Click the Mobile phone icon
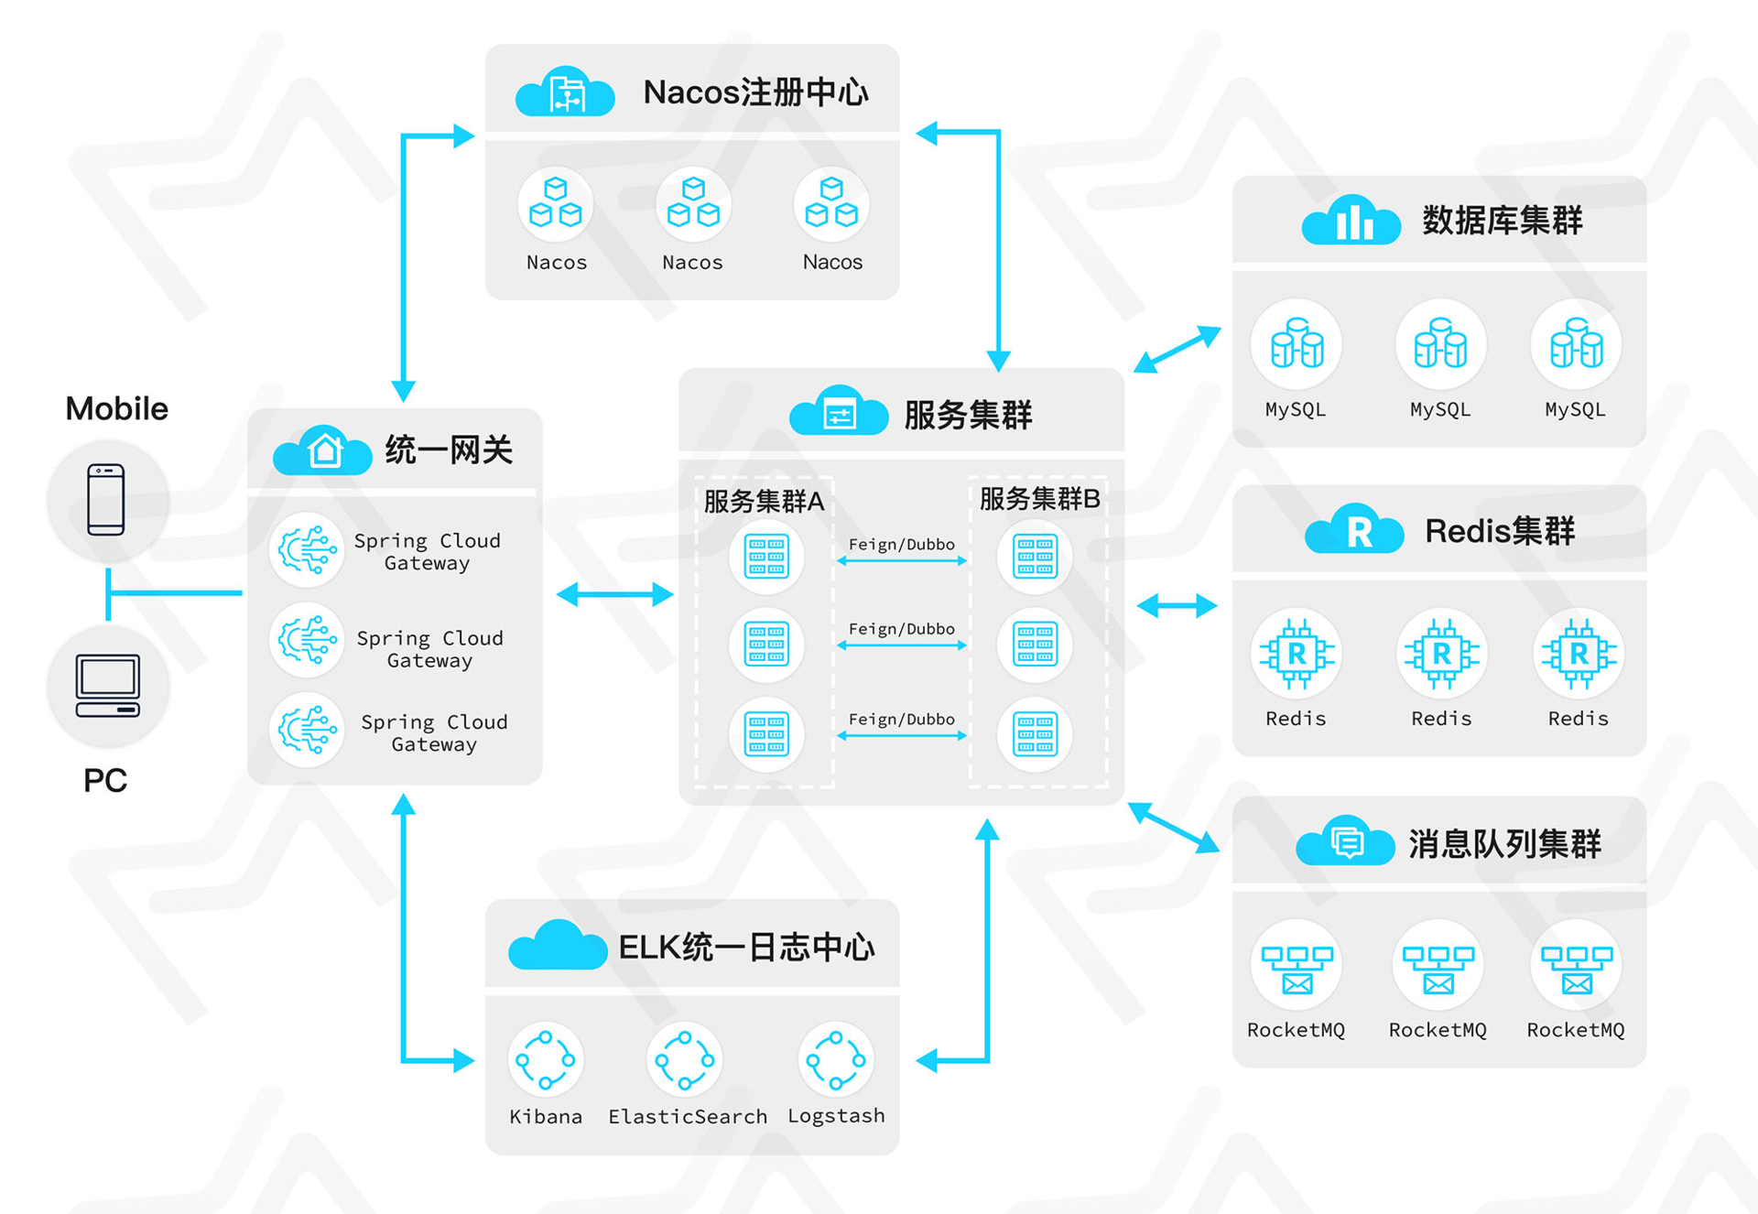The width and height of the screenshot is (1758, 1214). click(106, 500)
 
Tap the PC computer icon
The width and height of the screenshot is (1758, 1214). click(108, 686)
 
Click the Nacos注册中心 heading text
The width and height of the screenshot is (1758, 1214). click(755, 92)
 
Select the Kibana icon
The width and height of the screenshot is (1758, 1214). click(546, 1060)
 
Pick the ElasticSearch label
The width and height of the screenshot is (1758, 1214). click(688, 1116)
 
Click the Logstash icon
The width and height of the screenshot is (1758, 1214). click(836, 1060)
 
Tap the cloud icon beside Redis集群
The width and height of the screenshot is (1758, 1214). click(1354, 530)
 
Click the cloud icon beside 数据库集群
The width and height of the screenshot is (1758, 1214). click(1351, 221)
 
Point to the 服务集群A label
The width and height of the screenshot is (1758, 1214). click(764, 501)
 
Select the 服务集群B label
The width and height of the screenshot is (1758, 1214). click(1039, 499)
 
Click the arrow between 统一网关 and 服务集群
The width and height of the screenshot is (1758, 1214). click(614, 595)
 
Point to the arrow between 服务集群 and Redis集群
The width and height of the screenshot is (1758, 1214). click(1177, 605)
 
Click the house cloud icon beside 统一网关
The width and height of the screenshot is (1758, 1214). click(323, 450)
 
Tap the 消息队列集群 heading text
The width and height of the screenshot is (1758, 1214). click(1504, 843)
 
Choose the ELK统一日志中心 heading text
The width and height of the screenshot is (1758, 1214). click(746, 948)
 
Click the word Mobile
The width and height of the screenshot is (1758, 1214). click(117, 408)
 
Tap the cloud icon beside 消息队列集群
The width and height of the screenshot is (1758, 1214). click(1345, 841)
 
